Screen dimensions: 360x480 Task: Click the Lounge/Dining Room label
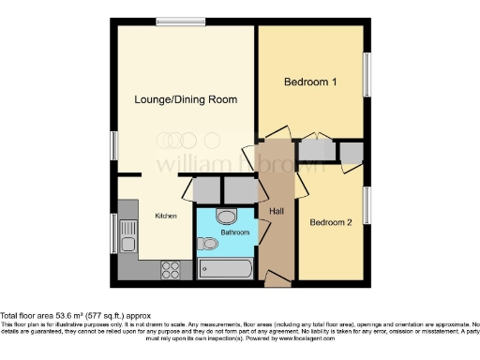pyautogui.click(x=185, y=99)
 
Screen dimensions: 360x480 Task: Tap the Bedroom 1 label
pyautogui.click(x=310, y=82)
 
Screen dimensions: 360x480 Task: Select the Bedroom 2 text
pyautogui.click(x=331, y=222)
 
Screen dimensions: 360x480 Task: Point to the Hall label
pyautogui.click(x=277, y=211)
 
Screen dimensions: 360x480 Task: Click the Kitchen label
pyautogui.click(x=166, y=216)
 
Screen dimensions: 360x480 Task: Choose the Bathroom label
pyautogui.click(x=234, y=232)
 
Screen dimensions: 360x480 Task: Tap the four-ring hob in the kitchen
pyautogui.click(x=172, y=271)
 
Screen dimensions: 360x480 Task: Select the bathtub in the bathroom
pyautogui.click(x=224, y=270)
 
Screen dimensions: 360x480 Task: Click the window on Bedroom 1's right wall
pyautogui.click(x=367, y=73)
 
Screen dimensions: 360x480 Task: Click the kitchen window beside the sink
pyautogui.click(x=114, y=235)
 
